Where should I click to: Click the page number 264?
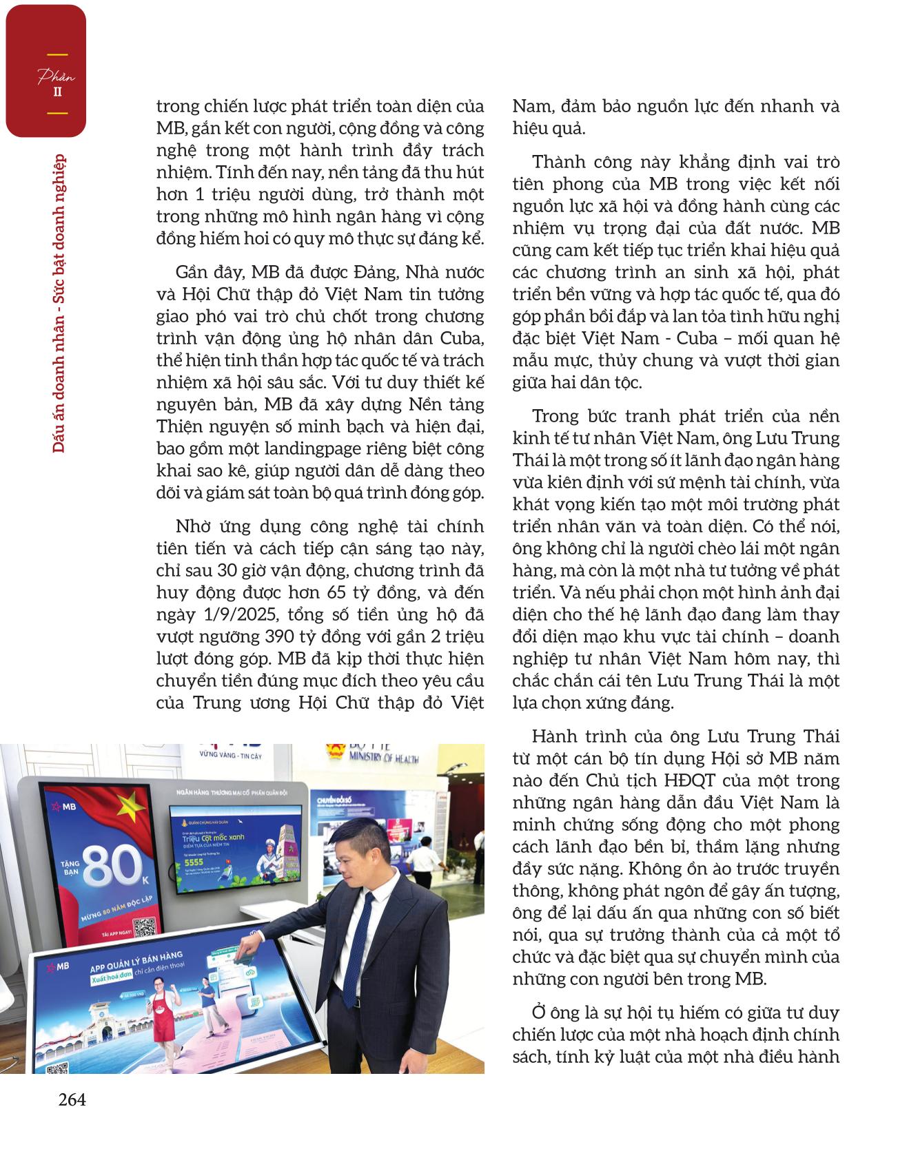pos(72,1100)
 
